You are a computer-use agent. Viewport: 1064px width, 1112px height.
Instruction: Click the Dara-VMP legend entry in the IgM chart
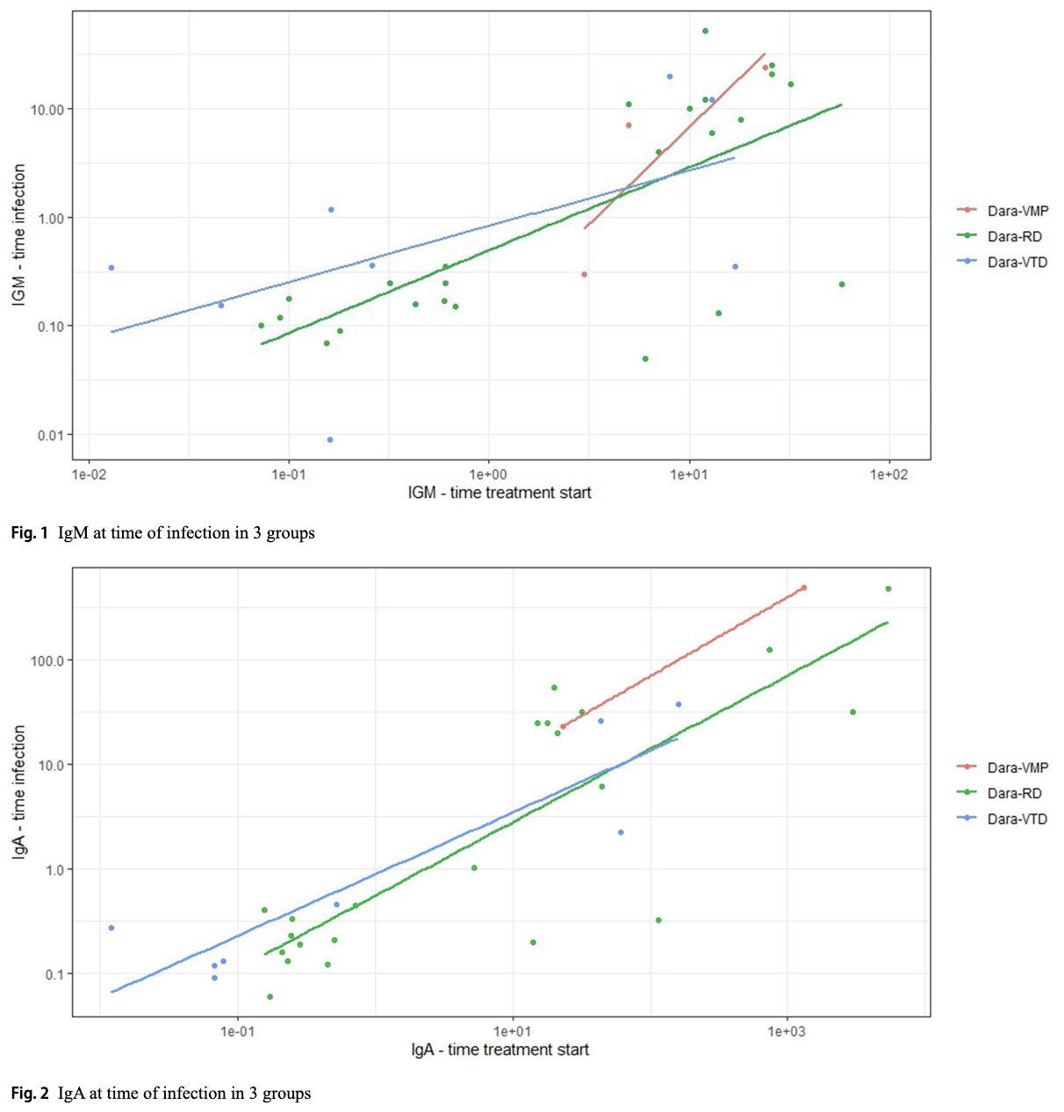(x=1017, y=211)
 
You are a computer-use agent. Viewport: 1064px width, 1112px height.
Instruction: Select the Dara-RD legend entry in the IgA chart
(x=1014, y=793)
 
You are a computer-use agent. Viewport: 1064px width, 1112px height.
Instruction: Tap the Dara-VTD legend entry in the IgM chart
(x=1017, y=262)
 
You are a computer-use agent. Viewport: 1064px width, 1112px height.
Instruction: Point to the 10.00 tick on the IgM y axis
(x=47, y=110)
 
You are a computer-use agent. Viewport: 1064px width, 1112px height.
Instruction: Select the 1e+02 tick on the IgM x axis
(x=888, y=474)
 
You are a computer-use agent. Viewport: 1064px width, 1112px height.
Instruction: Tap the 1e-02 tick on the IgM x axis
(x=89, y=474)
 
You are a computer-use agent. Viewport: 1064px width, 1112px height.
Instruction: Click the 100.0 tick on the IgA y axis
(x=47, y=661)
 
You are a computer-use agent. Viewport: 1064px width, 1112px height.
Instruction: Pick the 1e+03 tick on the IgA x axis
(x=787, y=1031)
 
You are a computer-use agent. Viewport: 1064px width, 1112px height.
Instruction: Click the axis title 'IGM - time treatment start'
(x=500, y=493)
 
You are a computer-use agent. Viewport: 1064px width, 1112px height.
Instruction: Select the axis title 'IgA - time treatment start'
(x=500, y=1050)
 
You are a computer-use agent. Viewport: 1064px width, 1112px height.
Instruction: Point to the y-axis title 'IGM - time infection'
(x=18, y=235)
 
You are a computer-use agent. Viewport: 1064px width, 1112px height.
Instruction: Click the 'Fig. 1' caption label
(x=30, y=533)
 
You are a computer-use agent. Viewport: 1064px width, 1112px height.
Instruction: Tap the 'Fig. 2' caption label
(x=30, y=1094)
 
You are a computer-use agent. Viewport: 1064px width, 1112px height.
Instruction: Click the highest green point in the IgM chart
(x=705, y=31)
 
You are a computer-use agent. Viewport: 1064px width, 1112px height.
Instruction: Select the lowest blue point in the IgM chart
(x=330, y=440)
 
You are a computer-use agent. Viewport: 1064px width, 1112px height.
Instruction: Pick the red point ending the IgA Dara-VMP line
(x=804, y=588)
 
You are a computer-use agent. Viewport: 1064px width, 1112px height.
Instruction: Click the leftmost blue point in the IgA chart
(x=111, y=928)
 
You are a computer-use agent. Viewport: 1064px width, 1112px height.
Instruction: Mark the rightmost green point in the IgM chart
(x=842, y=285)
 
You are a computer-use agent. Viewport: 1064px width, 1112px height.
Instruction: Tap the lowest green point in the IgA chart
(x=270, y=996)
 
